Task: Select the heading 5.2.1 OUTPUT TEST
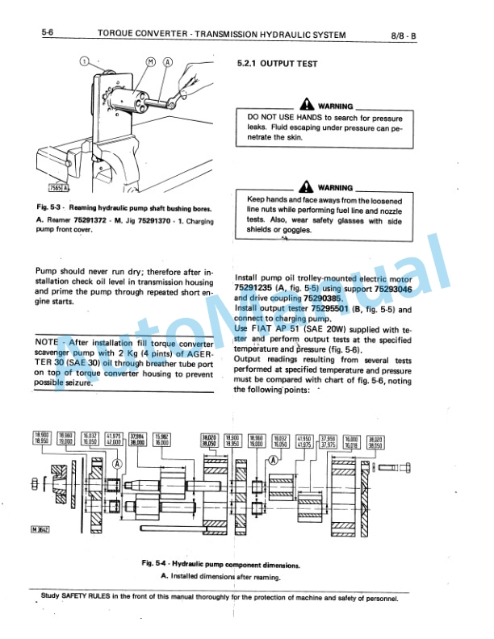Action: pyautogui.click(x=277, y=64)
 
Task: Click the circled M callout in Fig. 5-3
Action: pyautogui.click(x=151, y=62)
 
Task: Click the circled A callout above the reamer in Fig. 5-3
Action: pyautogui.click(x=167, y=62)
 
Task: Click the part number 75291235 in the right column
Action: pyautogui.click(x=254, y=286)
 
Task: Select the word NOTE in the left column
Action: pyautogui.click(x=51, y=342)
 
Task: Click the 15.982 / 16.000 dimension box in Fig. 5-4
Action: pyautogui.click(x=162, y=438)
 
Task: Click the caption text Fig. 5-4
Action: pyautogui.click(x=157, y=565)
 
